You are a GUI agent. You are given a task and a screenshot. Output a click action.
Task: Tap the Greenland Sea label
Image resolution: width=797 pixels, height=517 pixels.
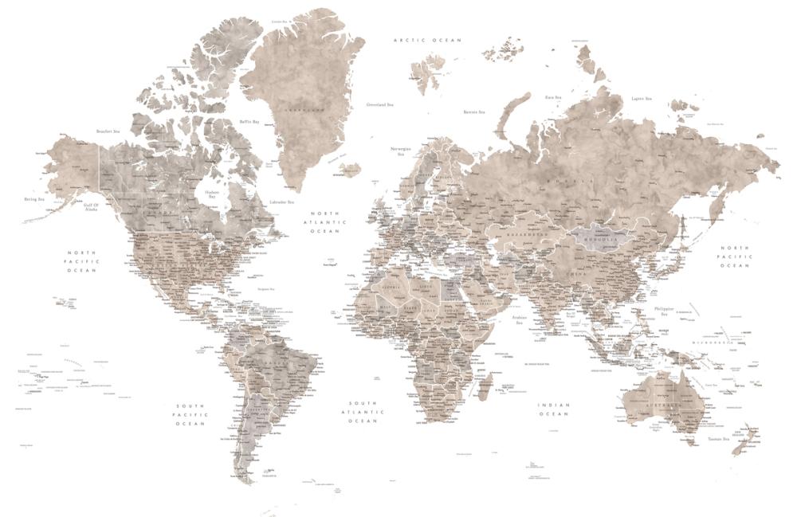pyautogui.click(x=379, y=104)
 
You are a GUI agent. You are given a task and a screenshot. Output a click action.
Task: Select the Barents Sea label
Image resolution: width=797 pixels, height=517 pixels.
pyautogui.click(x=475, y=112)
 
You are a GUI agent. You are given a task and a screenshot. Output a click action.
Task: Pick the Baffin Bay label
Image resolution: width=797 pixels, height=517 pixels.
pyautogui.click(x=249, y=122)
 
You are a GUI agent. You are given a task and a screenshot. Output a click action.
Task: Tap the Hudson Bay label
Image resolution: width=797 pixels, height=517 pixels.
pyautogui.click(x=211, y=194)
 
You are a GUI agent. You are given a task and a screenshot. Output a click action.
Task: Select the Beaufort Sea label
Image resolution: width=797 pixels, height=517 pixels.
pyautogui.click(x=108, y=131)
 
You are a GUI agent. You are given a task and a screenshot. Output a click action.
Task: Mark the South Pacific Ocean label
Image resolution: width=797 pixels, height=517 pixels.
pyautogui.click(x=190, y=414)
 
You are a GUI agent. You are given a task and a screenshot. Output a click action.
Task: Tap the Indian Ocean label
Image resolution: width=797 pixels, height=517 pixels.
pyautogui.click(x=553, y=409)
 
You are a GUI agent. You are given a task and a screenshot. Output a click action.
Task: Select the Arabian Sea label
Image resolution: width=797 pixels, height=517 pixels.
pyautogui.click(x=519, y=320)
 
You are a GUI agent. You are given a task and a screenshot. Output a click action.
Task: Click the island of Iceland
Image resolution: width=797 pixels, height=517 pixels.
pyautogui.click(x=349, y=169)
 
